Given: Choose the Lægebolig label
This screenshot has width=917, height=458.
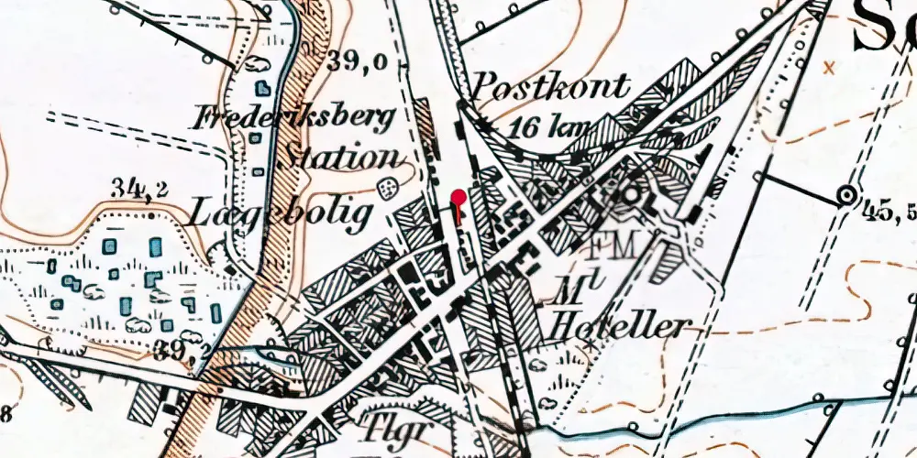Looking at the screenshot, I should (x=281, y=213).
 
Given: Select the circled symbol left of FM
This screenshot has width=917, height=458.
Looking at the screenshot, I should (x=629, y=194).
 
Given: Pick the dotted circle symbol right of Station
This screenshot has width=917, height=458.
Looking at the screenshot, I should (x=389, y=187).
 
